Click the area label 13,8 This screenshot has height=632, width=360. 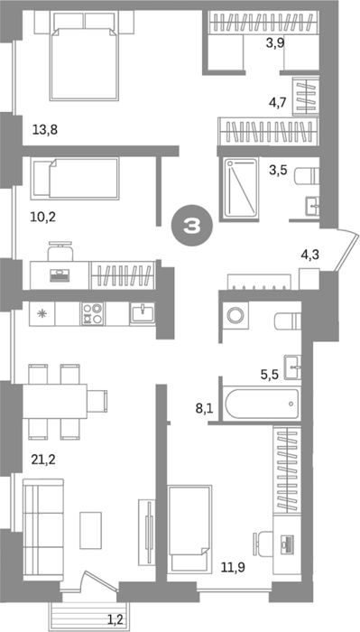pyautogui.click(x=45, y=130)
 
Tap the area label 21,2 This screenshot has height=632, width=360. pyautogui.click(x=43, y=459)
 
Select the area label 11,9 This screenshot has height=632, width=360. pyautogui.click(x=233, y=568)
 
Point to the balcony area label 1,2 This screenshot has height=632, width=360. pyautogui.click(x=115, y=618)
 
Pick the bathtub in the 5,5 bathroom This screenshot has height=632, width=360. pyautogui.click(x=263, y=404)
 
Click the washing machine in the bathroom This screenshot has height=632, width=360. pyautogui.click(x=235, y=314)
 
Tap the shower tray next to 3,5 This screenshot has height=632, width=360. pyautogui.click(x=241, y=188)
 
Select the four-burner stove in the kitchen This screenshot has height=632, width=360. pyautogui.click(x=92, y=313)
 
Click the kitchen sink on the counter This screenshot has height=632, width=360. pyautogui.click(x=142, y=313)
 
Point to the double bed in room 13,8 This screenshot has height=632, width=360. pyautogui.click(x=84, y=55)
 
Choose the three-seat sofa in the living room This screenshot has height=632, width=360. pyautogui.click(x=43, y=529)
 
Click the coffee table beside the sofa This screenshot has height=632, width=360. pyautogui.click(x=90, y=530)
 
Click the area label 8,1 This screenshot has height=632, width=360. pyautogui.click(x=204, y=410)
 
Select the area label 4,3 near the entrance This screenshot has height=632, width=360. pyautogui.click(x=310, y=255)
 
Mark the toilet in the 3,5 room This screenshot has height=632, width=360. pyautogui.click(x=307, y=177)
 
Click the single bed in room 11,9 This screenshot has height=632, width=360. pyautogui.click(x=189, y=528)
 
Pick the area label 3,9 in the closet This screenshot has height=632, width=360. pyautogui.click(x=275, y=42)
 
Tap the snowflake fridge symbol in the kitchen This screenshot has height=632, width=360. pyautogui.click(x=42, y=314)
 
